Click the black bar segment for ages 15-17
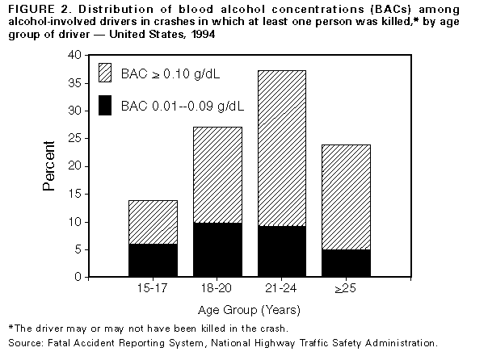153,260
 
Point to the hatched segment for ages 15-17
153,222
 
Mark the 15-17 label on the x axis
153,288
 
